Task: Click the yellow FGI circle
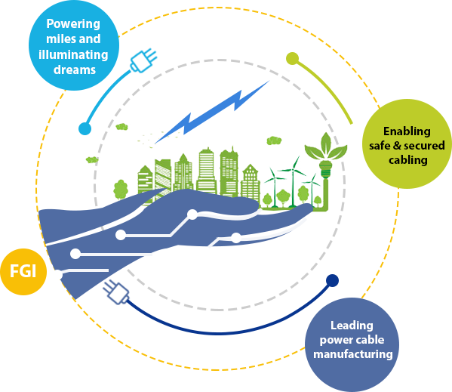(x=23, y=272)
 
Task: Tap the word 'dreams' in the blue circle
(x=75, y=69)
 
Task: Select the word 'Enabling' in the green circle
(x=407, y=131)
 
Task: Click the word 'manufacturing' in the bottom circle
(x=353, y=354)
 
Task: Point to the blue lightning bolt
(x=212, y=113)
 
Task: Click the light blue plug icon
(x=143, y=60)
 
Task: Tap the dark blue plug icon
(x=116, y=292)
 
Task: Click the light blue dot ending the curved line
(x=85, y=128)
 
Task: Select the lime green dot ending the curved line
(x=292, y=59)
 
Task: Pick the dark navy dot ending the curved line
(x=332, y=281)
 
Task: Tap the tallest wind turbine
(x=294, y=182)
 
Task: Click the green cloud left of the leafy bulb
(x=274, y=140)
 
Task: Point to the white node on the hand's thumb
(x=192, y=215)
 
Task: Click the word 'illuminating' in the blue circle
(x=73, y=54)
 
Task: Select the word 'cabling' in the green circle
(x=408, y=160)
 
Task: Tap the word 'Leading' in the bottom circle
(x=352, y=326)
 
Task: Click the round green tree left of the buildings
(x=121, y=190)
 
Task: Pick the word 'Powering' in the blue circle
(x=73, y=24)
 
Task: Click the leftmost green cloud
(x=92, y=159)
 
